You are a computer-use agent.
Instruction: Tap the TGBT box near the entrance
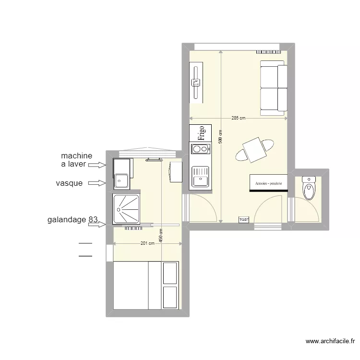click(244, 219)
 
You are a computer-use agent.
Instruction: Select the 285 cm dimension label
click(238, 118)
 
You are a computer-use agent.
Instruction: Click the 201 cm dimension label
click(147, 243)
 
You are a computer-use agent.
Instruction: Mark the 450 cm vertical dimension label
click(161, 235)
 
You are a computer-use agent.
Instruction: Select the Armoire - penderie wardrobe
click(268, 183)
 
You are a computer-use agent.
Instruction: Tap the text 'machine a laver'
click(77, 160)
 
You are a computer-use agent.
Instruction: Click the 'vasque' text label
click(69, 183)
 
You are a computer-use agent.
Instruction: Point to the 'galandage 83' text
click(73, 220)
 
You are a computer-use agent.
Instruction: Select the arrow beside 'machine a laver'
click(101, 165)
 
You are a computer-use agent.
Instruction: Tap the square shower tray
click(127, 209)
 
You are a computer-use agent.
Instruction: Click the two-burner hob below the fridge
click(201, 149)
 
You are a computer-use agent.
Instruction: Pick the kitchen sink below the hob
click(201, 176)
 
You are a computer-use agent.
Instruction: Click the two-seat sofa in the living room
click(274, 87)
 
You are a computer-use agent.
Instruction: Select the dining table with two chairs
click(255, 150)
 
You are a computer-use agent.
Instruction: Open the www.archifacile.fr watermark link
click(330, 342)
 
